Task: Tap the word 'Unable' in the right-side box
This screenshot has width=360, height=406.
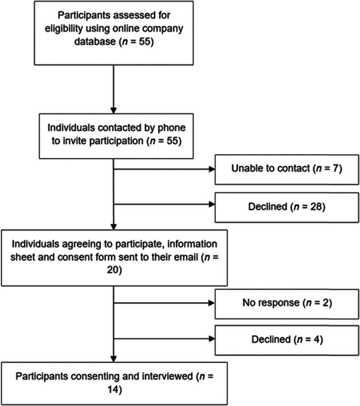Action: coord(245,169)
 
